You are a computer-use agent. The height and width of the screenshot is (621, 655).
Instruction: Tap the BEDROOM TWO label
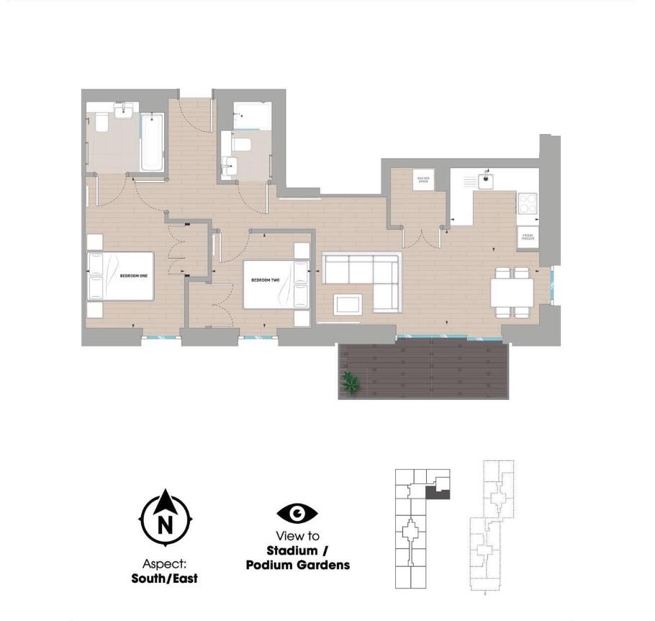point(265,280)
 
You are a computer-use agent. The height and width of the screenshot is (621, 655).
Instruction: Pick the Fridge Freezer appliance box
point(528,237)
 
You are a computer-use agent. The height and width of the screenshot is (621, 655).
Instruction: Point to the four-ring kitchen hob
point(528,203)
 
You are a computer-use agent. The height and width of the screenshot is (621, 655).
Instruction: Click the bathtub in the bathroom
point(152,142)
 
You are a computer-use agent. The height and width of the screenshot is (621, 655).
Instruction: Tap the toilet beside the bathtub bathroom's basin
point(101,122)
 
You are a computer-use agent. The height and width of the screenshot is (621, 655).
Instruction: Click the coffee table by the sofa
point(348,305)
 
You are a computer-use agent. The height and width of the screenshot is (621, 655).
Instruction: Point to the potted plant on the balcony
point(351,384)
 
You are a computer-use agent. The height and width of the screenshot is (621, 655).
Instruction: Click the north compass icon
point(165,521)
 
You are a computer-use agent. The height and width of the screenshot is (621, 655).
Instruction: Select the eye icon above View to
point(297,514)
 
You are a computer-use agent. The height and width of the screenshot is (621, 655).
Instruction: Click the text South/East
point(164,578)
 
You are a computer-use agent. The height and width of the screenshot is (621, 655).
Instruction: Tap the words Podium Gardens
point(297,565)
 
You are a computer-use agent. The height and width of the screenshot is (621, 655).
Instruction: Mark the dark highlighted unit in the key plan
point(438,493)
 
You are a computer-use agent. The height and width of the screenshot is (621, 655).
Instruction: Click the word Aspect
point(164,564)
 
